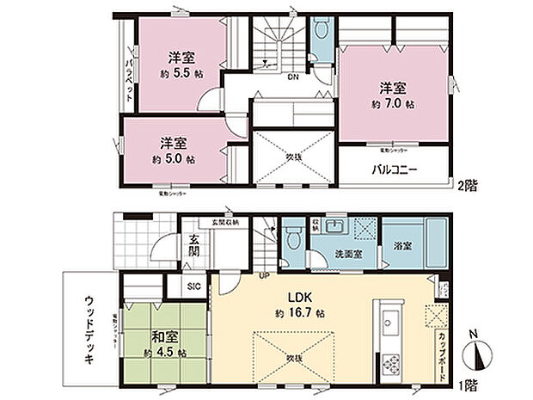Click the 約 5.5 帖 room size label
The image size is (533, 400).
(180, 73)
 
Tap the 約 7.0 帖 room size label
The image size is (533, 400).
(393, 103)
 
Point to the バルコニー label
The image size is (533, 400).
(395, 170)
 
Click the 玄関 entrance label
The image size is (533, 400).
(194, 246)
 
